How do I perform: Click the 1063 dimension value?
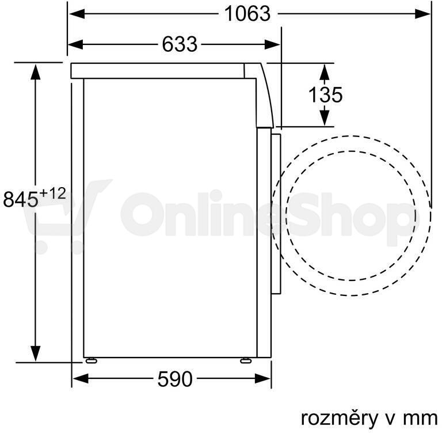[x=247, y=14]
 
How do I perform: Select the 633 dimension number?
[x=180, y=44]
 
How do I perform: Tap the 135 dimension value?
[x=326, y=94]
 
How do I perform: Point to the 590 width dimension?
[x=175, y=379]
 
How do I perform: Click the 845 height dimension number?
[x=20, y=199]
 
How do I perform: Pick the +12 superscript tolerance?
[x=53, y=193]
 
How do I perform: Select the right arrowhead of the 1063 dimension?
[x=422, y=14]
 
